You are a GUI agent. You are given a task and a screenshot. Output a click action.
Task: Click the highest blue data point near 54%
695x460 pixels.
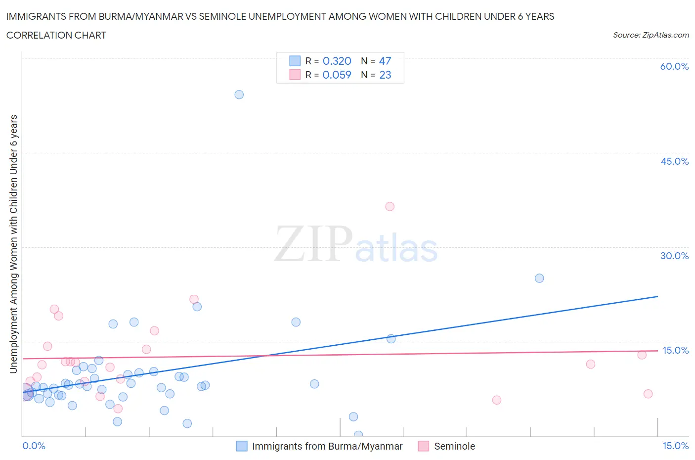(239, 94)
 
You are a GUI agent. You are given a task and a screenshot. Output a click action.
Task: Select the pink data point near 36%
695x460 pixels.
(390, 207)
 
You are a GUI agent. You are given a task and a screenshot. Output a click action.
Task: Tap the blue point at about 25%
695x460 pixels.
(539, 278)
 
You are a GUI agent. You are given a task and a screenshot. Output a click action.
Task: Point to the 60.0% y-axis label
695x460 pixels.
(674, 66)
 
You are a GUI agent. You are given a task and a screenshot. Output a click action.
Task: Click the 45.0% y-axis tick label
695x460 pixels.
(674, 161)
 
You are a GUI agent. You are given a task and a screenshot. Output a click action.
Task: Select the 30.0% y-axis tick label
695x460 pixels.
(674, 256)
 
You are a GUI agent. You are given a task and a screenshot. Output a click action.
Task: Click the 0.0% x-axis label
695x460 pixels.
(34, 446)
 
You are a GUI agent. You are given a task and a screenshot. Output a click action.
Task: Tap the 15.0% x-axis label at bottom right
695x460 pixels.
(675, 446)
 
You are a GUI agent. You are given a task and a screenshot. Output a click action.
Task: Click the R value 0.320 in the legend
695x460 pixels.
(337, 61)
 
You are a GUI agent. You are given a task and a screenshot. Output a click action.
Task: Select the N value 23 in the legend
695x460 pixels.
(385, 75)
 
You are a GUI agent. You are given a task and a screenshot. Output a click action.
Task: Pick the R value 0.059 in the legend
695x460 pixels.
(337, 75)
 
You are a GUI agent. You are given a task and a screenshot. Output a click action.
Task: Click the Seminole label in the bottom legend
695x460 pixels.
(454, 446)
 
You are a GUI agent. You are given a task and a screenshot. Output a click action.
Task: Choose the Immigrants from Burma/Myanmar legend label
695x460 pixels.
(327, 446)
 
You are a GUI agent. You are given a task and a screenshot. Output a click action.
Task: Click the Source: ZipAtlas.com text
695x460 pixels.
(651, 35)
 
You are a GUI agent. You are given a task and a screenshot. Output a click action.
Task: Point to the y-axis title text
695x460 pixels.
(14, 244)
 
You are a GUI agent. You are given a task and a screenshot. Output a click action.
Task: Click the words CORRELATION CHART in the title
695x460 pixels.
(56, 35)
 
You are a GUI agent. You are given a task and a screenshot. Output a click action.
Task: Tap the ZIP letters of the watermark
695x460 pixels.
(313, 244)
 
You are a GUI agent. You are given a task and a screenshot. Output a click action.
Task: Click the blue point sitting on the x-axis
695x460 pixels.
(358, 435)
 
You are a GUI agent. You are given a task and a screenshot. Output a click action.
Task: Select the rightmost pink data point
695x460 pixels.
(648, 394)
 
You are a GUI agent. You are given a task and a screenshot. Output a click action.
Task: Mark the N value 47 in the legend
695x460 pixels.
(385, 61)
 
